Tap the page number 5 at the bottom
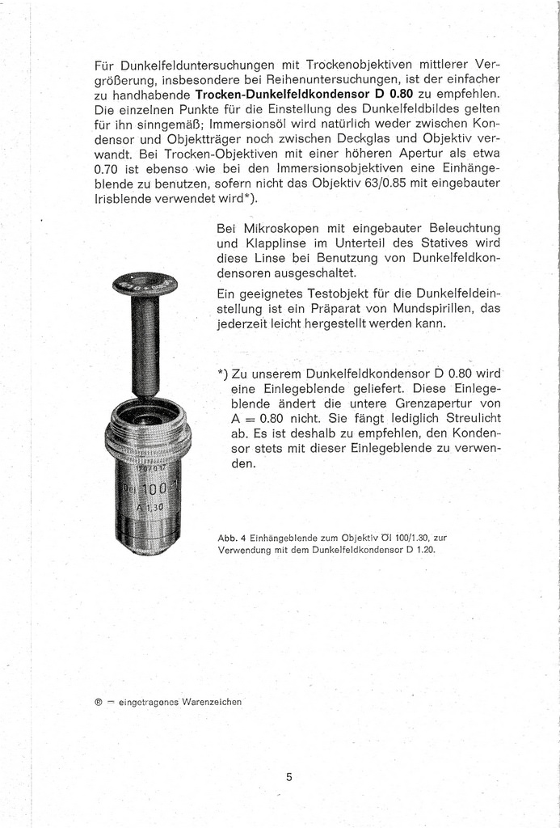click(288, 777)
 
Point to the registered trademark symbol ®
click(99, 701)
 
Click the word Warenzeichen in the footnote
click(211, 701)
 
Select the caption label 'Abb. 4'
click(232, 537)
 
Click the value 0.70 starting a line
click(107, 168)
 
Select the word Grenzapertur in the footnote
click(441, 402)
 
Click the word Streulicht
click(473, 417)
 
